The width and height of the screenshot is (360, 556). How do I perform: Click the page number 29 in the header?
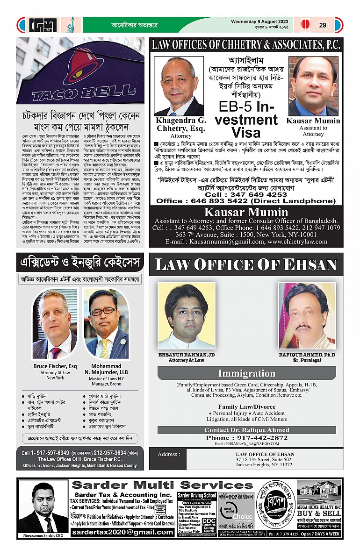point(323,25)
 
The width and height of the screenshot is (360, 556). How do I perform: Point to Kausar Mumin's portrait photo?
point(313,86)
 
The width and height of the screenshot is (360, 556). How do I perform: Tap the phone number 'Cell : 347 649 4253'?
point(245,194)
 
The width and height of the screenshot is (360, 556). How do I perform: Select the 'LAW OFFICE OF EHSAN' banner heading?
point(246,264)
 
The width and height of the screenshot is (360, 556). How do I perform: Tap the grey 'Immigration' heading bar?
point(246,373)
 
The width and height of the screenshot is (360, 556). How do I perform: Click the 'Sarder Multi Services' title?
point(162,485)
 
